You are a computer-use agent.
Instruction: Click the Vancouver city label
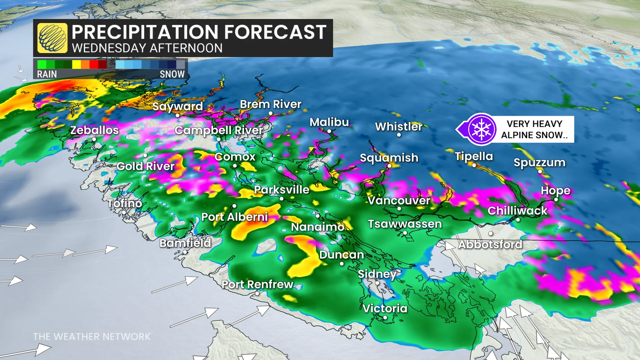399,201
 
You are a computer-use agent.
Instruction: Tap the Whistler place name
399,127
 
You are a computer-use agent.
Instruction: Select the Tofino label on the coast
124,203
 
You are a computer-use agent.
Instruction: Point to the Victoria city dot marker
385,318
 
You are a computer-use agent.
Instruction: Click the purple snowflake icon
481,129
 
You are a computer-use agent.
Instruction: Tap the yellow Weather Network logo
52,38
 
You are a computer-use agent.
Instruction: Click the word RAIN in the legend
47,74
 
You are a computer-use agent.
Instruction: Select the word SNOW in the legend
172,74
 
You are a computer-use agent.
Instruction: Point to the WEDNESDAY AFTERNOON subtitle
147,48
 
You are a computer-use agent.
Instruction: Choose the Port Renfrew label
257,284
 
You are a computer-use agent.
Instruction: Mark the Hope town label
555,191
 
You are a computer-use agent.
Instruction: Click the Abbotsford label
490,245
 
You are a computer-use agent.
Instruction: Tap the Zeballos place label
94,130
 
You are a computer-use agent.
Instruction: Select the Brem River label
270,104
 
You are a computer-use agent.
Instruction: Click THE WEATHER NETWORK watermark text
92,337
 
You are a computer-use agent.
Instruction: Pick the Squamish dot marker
389,166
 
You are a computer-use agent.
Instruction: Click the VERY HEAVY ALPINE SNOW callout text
534,129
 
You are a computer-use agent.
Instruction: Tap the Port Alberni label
234,217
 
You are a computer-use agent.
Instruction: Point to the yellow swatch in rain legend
77,64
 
